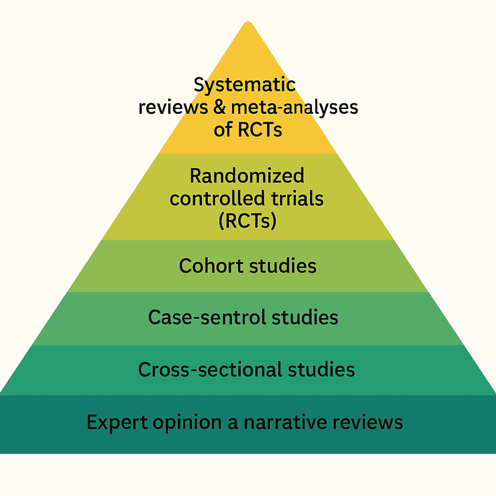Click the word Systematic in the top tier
click(245, 85)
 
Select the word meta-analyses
click(294, 107)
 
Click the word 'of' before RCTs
click(223, 129)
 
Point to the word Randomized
click(247, 175)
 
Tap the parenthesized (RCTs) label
click(248, 221)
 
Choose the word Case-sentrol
click(207, 317)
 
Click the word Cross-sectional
click(209, 370)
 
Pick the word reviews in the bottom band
click(373, 422)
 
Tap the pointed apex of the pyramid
click(248, 23)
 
